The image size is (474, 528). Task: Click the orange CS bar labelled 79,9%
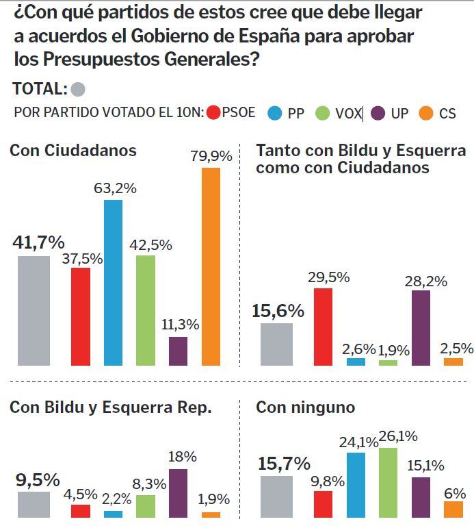[211, 266]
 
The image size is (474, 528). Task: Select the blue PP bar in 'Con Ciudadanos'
[113, 282]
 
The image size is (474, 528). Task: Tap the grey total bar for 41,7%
[34, 310]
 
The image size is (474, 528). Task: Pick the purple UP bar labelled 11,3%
[178, 351]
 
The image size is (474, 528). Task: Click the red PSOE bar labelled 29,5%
[323, 327]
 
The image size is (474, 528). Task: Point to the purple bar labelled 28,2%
[421, 327]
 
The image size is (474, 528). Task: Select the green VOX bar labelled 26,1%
[388, 482]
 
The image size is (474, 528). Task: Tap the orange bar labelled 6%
[453, 509]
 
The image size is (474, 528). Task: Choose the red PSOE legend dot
[213, 113]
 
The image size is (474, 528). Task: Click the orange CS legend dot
[425, 113]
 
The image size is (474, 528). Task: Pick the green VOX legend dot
[322, 113]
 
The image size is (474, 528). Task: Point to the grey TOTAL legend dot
[78, 89]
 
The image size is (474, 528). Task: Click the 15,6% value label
[278, 311]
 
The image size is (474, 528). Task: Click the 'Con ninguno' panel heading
[305, 407]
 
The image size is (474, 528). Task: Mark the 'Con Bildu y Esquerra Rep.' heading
[111, 407]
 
